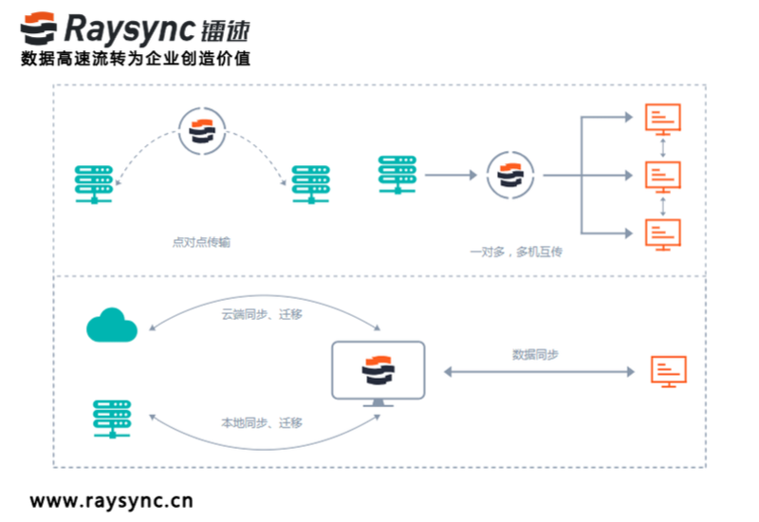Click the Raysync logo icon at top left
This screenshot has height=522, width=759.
pos(41,29)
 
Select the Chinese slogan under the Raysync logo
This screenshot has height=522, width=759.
pos(135,59)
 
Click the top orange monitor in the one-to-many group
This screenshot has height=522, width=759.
pos(662,120)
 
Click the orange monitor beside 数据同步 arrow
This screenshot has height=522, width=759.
pos(668,372)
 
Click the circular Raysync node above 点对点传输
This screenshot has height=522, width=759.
pos(202,131)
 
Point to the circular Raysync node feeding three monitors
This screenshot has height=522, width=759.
pos(511,176)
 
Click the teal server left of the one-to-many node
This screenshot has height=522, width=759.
pos(396,176)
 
